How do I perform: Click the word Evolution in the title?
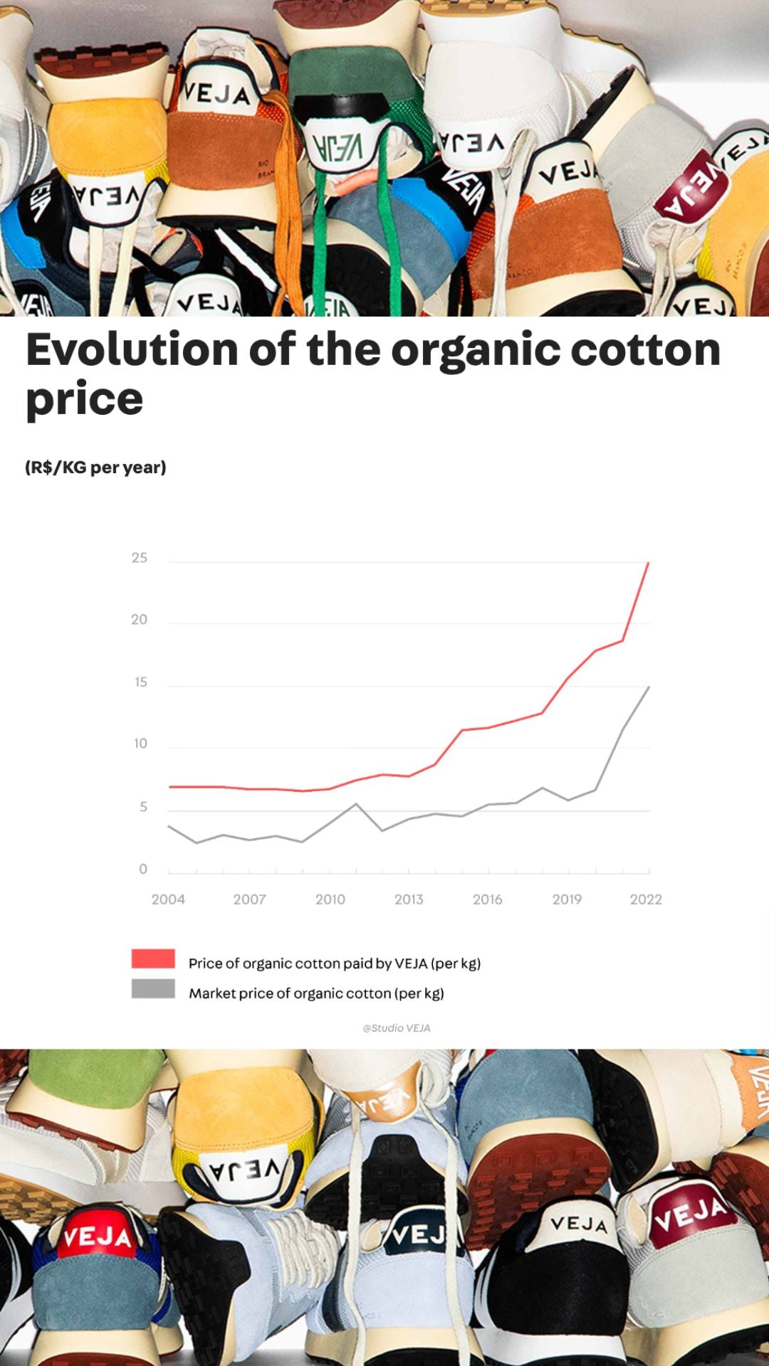[x=132, y=350]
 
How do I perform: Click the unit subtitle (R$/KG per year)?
[x=95, y=467]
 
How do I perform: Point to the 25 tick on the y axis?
[x=140, y=558]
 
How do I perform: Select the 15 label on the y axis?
[x=141, y=682]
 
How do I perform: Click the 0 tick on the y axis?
[x=143, y=869]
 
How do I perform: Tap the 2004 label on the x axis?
[x=168, y=899]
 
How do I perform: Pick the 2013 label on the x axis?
[x=409, y=899]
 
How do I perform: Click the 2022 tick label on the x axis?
[x=646, y=899]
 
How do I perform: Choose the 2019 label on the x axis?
[x=567, y=899]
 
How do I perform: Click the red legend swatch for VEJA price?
[x=153, y=958]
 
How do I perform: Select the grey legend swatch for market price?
[x=153, y=989]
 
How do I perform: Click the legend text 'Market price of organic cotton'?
[x=316, y=993]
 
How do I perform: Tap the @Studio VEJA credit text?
[x=397, y=1028]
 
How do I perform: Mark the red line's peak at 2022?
[x=648, y=563]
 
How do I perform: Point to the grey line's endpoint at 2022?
[x=649, y=687]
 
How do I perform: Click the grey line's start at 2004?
[x=169, y=826]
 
